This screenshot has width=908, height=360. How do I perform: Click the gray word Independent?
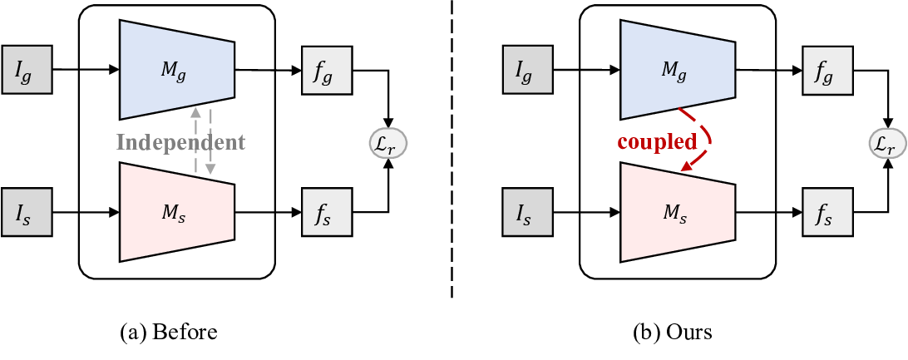click(180, 142)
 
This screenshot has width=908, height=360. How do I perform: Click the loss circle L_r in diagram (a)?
click(386, 142)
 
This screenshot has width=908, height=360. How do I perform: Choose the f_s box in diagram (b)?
click(824, 212)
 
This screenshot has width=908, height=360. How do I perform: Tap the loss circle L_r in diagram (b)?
click(885, 142)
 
